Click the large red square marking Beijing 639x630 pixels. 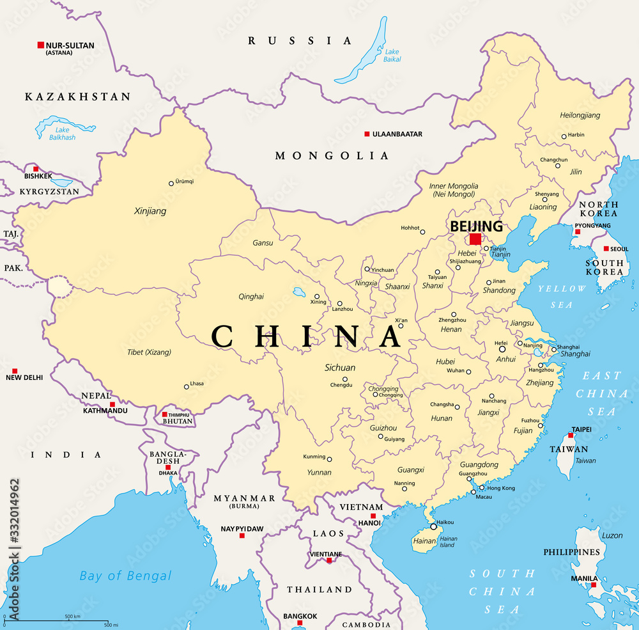click(x=475, y=239)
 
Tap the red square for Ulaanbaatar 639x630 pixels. click(x=367, y=134)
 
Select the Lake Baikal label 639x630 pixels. click(x=392, y=55)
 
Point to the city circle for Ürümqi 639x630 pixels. click(x=171, y=184)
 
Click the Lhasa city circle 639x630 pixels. click(x=187, y=386)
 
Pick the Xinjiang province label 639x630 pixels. click(x=150, y=210)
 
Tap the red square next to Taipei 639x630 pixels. click(x=571, y=435)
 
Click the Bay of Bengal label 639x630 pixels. click(x=125, y=576)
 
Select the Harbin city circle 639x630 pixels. click(x=564, y=136)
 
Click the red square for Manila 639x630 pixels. click(x=594, y=585)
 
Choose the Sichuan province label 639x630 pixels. click(x=339, y=368)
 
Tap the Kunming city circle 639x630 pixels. click(x=330, y=459)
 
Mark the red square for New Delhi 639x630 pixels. click(x=15, y=371)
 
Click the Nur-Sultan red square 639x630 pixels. click(x=41, y=45)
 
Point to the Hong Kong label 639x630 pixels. click(x=501, y=488)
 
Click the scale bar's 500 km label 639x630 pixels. click(x=72, y=617)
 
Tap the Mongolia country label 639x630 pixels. click(x=332, y=155)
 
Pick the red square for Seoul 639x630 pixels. click(x=606, y=249)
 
